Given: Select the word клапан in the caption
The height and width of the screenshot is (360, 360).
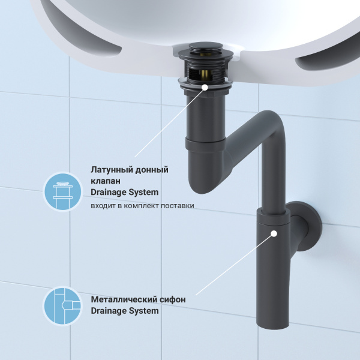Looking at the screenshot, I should pyautogui.click(x=106, y=181).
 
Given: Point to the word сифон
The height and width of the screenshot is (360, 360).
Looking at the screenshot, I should pyautogui.click(x=172, y=299).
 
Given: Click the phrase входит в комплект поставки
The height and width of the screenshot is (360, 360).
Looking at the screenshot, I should pyautogui.click(x=143, y=206).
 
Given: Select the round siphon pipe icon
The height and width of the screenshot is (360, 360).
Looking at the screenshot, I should pyautogui.click(x=62, y=305).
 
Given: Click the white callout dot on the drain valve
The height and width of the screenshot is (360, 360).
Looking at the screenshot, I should pyautogui.click(x=205, y=87).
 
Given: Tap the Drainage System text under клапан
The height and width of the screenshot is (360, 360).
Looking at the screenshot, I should pyautogui.click(x=125, y=193).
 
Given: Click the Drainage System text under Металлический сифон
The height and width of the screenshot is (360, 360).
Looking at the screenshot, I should pyautogui.click(x=125, y=311).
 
